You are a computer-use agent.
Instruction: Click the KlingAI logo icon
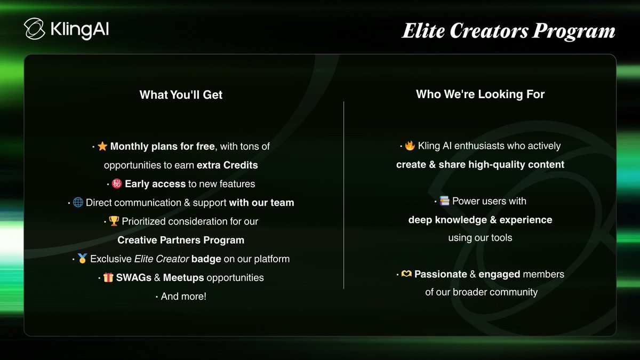tap(34, 29)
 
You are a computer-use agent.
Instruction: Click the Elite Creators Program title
tap(508, 31)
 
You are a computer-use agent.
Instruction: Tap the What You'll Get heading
tap(181, 95)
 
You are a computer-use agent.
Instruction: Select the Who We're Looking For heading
tap(480, 94)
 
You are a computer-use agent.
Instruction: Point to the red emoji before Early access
tap(117, 184)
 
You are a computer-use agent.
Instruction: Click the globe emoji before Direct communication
tap(78, 203)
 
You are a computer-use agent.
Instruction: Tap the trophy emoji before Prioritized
tap(114, 221)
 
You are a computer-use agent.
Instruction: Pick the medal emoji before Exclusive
tap(82, 259)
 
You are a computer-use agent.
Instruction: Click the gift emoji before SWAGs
tap(108, 277)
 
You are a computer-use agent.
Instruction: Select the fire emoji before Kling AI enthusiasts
tap(410, 146)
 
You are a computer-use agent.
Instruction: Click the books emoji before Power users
tap(444, 201)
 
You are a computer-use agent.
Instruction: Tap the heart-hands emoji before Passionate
tap(406, 274)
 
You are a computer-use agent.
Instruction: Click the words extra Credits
tap(227, 165)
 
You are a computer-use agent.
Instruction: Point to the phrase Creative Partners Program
tap(181, 240)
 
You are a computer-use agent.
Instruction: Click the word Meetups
tap(183, 277)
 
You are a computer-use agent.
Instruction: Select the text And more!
tap(183, 296)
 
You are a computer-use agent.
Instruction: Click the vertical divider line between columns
tap(343, 195)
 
